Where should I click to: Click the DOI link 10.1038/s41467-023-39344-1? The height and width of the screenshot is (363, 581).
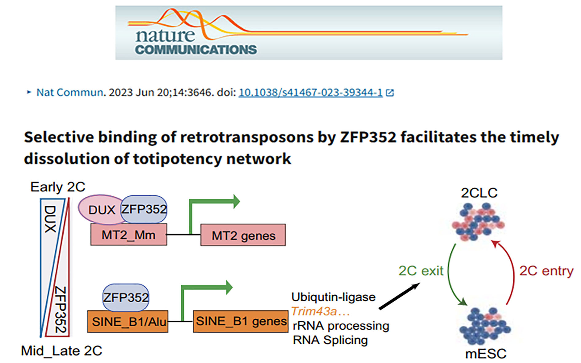(310, 93)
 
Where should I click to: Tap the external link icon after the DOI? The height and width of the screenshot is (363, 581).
(390, 93)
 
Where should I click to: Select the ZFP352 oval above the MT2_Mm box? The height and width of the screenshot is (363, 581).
(144, 209)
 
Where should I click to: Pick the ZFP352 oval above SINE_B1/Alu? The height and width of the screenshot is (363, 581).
(126, 297)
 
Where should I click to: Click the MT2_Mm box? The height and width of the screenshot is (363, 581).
(129, 235)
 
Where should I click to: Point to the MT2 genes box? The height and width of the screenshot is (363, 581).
(243, 235)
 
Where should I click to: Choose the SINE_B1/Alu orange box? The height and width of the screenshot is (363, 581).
(128, 322)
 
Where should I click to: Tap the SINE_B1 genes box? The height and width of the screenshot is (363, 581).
(241, 321)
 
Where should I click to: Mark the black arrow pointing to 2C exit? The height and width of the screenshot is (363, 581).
(399, 296)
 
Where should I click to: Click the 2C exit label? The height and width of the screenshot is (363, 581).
(421, 271)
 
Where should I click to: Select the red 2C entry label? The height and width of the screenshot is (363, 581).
(546, 271)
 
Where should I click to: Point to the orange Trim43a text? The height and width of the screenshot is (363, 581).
(321, 311)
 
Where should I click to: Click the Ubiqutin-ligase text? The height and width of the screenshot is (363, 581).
(334, 297)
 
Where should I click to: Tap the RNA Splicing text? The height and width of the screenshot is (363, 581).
(330, 340)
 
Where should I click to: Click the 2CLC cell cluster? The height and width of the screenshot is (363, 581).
(478, 222)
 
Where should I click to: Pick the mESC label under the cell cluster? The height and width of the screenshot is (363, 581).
(486, 354)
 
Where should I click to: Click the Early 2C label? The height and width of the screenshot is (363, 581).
(58, 187)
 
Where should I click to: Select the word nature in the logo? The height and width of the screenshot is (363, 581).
(165, 36)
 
